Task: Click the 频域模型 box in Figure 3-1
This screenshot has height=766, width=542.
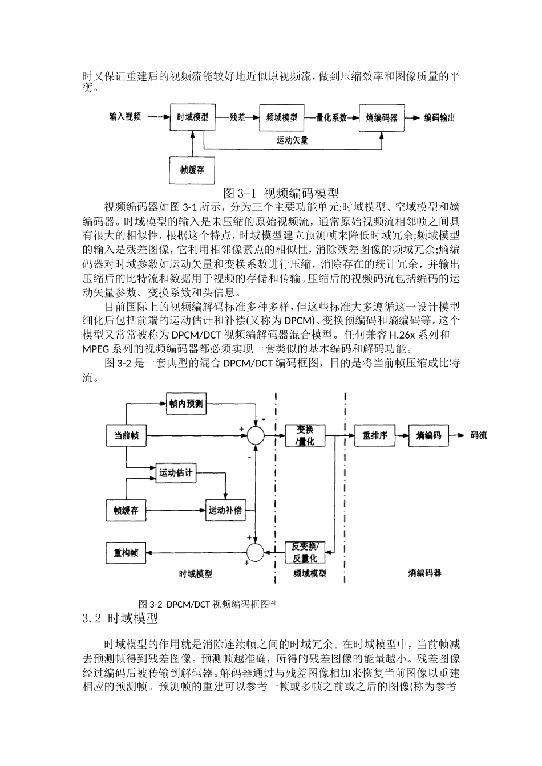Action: pos(282,118)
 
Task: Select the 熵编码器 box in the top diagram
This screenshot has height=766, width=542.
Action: pos(382,118)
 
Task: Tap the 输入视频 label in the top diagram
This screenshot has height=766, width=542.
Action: pos(126,117)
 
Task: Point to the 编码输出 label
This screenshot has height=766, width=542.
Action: pos(439,118)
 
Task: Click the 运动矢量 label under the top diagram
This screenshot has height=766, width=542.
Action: pos(293,140)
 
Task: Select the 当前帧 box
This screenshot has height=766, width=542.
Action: pos(126,436)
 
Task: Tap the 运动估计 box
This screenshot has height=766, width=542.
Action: pos(176,473)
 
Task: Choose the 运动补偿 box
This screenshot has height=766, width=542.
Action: pos(225,510)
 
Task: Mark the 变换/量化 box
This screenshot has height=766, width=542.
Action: pos(306,436)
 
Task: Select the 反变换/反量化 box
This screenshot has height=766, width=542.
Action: pos(305,552)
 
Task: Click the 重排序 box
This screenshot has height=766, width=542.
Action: pos(375,436)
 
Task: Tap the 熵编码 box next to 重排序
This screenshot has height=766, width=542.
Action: pos(428,436)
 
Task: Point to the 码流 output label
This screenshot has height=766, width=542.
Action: pos(478,436)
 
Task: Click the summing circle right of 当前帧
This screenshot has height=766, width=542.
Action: pos(255,436)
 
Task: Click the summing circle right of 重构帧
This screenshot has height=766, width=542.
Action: pos(255,552)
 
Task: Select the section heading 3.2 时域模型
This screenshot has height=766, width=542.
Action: pos(120,618)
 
